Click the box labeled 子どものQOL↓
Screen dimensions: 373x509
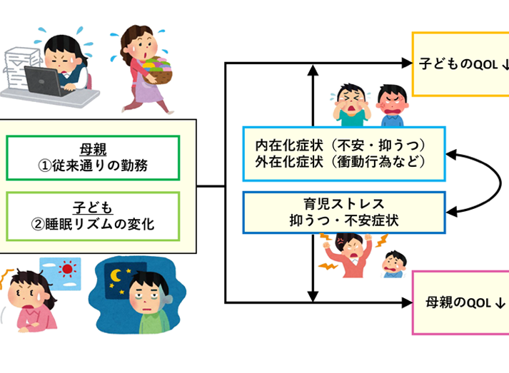[x=461, y=64]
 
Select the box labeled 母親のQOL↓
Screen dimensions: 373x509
[x=461, y=302]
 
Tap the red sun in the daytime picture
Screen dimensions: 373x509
[x=68, y=270]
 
